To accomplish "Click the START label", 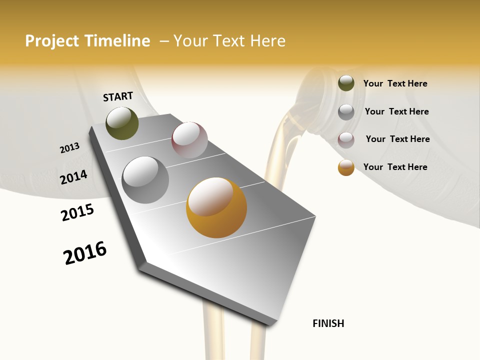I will click(118, 96).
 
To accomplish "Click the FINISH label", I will click(328, 323).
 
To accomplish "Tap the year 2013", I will click(69, 148).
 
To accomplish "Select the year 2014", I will click(73, 177).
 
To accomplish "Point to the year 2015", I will click(77, 212).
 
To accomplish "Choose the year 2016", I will click(85, 253).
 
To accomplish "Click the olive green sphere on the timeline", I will click(122, 123).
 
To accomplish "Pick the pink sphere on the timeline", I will click(189, 140).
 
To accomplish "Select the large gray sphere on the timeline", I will click(145, 180).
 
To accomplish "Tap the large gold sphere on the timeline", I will click(216, 207).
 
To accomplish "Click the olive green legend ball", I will click(346, 83).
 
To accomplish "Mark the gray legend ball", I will click(346, 112).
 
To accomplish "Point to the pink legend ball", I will click(346, 140).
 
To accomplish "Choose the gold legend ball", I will click(346, 167).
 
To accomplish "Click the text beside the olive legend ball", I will click(395, 83).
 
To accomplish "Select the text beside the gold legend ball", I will click(395, 167).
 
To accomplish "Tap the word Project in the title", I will click(51, 41).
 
